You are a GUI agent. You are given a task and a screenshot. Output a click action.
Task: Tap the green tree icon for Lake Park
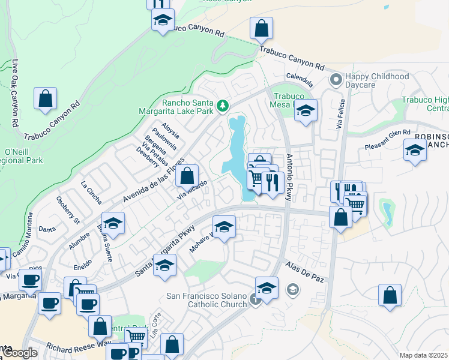[223, 106]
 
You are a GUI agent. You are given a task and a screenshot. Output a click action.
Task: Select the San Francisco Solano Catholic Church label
[206, 301]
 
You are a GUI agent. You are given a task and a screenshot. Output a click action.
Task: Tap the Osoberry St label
[67, 209]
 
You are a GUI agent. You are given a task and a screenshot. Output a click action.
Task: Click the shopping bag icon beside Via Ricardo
[187, 176]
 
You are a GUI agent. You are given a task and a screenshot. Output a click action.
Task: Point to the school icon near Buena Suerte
[113, 224]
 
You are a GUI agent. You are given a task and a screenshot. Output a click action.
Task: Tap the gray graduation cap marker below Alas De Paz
[292, 290]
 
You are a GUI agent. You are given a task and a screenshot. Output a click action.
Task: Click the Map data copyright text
[423, 355]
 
